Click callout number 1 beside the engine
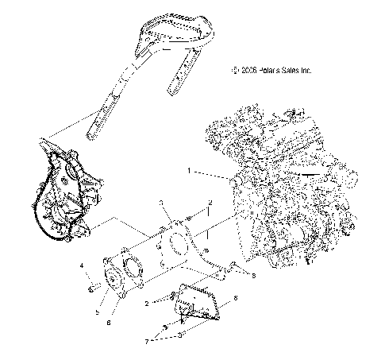[188, 169]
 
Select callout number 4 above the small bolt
[82, 265]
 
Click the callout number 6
[121, 321]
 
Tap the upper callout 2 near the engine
[209, 204]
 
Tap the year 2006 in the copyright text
[248, 70]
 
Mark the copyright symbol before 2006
[235, 70]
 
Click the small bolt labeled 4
[91, 285]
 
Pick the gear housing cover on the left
[70, 195]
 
